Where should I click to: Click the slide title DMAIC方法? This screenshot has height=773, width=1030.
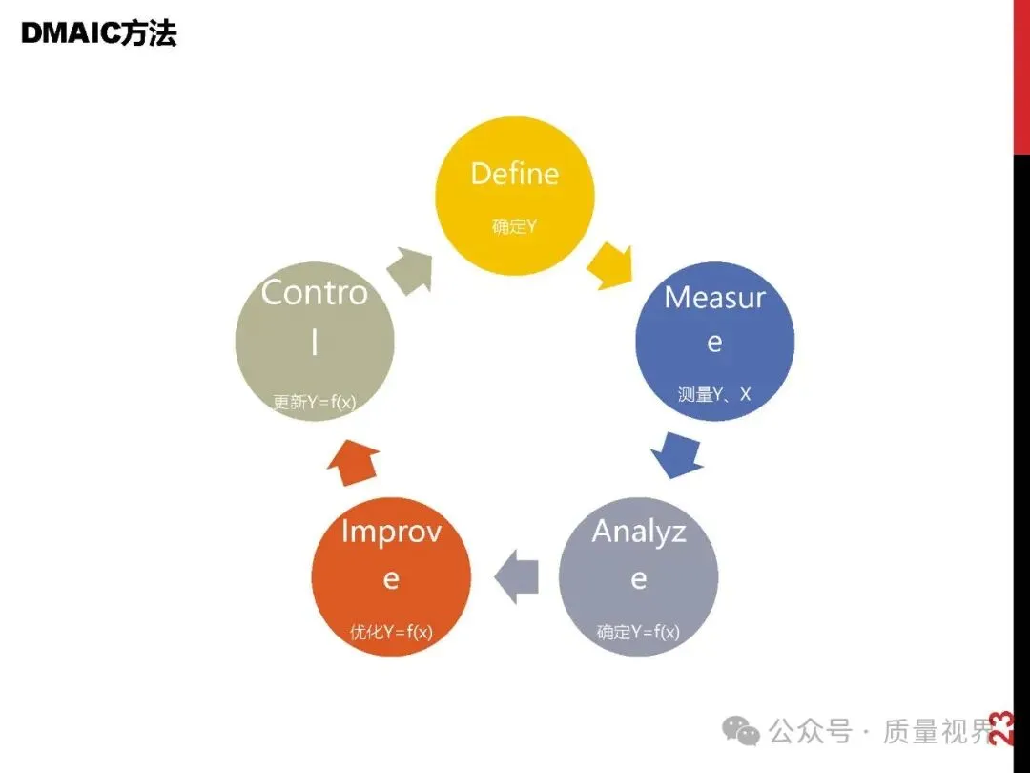pos(99,34)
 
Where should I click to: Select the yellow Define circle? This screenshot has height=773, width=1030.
pos(515,197)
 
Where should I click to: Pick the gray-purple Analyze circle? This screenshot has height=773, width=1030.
pos(638,576)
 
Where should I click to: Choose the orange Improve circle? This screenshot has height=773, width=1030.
pos(391,576)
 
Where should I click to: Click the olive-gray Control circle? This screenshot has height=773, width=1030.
pos(315,342)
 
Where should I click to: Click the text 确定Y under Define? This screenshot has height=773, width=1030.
pos(515,227)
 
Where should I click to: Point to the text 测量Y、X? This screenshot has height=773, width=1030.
pos(714,393)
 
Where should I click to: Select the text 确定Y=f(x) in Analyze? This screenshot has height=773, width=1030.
pos(638,632)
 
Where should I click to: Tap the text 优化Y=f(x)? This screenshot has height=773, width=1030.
pos(391,632)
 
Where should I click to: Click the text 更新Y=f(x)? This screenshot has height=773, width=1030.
pos(315,403)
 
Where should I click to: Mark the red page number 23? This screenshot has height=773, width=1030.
pos(1001,728)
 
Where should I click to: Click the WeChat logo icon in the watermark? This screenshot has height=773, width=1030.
pos(741,732)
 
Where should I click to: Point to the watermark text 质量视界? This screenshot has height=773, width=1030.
pos(938,732)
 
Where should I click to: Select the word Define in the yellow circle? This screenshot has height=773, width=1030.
pos(515,173)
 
